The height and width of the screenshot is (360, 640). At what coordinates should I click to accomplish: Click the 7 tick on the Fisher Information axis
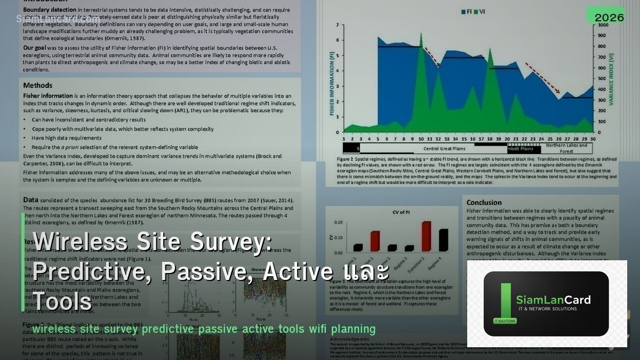pos(338,25)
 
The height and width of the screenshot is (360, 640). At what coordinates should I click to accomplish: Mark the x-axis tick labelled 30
pos(592,138)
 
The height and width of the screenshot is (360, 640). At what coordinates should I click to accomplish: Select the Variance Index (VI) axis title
pos(612,80)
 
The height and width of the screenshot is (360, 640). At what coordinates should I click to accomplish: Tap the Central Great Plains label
pos(444,149)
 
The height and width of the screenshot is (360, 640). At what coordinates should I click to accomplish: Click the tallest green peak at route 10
pos(421,35)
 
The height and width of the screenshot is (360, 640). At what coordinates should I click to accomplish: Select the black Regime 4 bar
pos(443,239)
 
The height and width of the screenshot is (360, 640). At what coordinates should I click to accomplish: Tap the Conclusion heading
pos(484,202)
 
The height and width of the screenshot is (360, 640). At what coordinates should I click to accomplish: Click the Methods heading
pos(38,85)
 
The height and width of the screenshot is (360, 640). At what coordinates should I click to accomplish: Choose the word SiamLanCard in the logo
pos(553,300)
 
